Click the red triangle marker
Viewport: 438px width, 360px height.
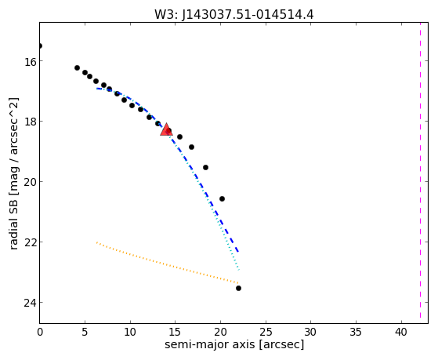click(x=166, y=129)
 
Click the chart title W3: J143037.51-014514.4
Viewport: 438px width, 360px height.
click(x=234, y=14)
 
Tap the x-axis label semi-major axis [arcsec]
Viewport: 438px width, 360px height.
click(x=234, y=344)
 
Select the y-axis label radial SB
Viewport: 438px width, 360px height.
click(x=13, y=224)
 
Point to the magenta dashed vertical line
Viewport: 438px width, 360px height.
click(x=420, y=173)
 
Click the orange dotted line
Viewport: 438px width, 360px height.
click(x=168, y=263)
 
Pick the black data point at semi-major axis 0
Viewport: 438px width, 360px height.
click(x=40, y=45)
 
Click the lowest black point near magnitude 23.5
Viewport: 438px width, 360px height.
click(x=238, y=288)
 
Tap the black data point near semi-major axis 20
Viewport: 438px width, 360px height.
click(x=222, y=199)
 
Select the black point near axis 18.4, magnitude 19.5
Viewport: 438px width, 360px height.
click(x=205, y=168)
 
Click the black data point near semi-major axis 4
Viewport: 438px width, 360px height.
click(x=77, y=67)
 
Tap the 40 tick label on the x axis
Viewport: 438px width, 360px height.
click(x=401, y=332)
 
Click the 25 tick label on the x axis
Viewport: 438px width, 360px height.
click(x=266, y=332)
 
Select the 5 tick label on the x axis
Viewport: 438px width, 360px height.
click(x=85, y=332)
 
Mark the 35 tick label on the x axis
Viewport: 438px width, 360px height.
click(x=357, y=332)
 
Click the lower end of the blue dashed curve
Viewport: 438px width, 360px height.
click(x=238, y=252)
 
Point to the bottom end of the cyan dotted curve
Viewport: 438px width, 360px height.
click(x=239, y=270)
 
